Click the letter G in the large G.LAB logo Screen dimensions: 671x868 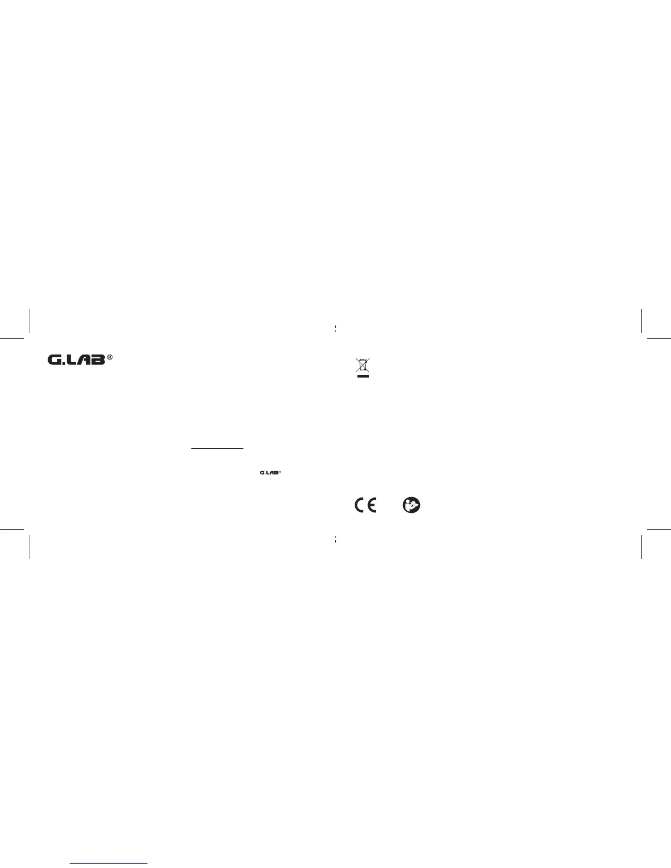55,360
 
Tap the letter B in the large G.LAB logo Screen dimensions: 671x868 98,360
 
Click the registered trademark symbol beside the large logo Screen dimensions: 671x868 110,357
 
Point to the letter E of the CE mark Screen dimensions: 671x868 371,505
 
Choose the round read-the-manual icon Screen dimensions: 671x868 411,505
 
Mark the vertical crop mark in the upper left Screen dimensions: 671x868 29,321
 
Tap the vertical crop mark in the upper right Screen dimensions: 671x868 641,321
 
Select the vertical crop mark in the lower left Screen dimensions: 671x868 29,546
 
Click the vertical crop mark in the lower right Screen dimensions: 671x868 641,546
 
